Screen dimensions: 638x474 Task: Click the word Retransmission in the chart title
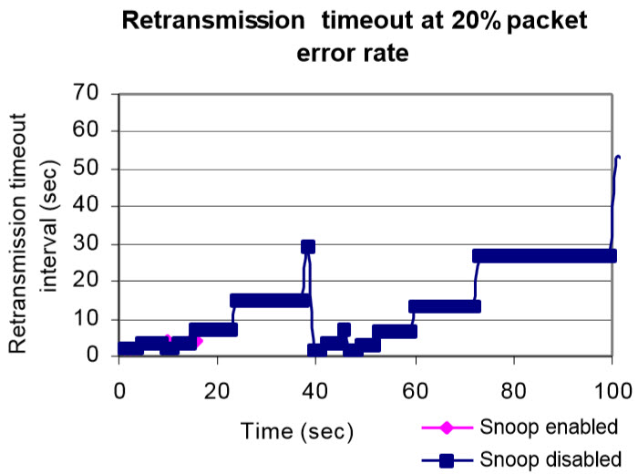(x=213, y=20)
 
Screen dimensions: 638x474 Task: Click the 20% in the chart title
(x=476, y=20)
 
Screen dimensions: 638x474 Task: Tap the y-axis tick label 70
(x=86, y=93)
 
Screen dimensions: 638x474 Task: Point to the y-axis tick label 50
(x=86, y=168)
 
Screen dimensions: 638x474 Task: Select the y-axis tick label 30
(x=86, y=243)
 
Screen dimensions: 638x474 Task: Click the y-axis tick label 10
(x=86, y=318)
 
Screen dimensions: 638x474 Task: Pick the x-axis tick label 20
(x=217, y=391)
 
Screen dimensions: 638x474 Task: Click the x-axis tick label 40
(x=315, y=391)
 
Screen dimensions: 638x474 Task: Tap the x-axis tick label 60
(x=415, y=391)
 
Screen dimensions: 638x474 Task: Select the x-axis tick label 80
(x=513, y=391)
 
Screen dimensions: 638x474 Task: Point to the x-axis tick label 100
(x=613, y=391)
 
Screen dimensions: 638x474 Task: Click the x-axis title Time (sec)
(x=297, y=431)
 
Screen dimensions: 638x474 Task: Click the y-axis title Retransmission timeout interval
(x=35, y=232)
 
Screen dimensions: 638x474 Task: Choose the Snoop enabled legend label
(x=549, y=427)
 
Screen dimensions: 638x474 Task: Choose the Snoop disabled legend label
(x=551, y=459)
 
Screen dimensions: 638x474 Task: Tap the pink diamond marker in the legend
(x=447, y=428)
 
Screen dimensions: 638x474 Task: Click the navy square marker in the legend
(x=447, y=460)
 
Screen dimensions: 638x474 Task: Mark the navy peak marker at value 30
(x=308, y=246)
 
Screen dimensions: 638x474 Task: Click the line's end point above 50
(x=619, y=157)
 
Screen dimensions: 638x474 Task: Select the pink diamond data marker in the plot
(x=198, y=341)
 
